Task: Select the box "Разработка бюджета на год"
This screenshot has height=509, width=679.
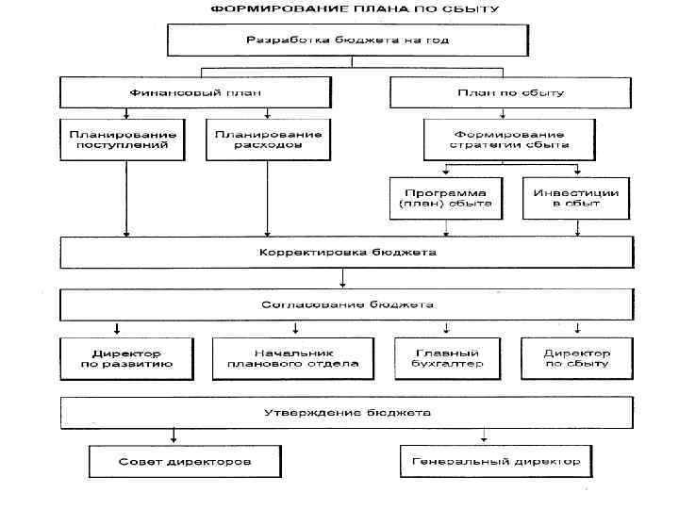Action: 348,40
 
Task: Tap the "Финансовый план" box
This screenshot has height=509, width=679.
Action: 195,92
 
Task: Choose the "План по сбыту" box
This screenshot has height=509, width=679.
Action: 509,92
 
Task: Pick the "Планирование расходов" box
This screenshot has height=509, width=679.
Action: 268,140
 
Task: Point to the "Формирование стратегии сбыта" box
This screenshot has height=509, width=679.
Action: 509,140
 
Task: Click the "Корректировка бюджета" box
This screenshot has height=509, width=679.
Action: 347,253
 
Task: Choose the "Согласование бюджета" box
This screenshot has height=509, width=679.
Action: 347,305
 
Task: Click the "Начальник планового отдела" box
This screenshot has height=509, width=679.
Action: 286,358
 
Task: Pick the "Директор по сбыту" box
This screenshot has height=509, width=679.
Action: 576,358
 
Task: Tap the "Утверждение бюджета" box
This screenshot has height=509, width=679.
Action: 347,413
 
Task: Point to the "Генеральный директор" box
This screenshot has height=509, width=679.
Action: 496,463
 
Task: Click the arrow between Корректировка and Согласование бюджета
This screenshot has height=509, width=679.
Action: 342,279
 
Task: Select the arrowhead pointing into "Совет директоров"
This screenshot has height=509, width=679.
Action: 174,438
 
